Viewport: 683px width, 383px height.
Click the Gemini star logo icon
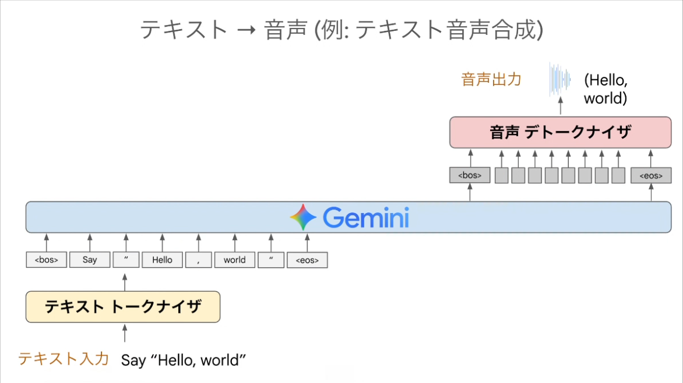[x=303, y=217]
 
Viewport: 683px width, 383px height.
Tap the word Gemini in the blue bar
[x=366, y=217]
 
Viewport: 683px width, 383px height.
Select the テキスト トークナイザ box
[x=123, y=307]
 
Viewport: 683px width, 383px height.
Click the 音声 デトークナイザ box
[x=560, y=132]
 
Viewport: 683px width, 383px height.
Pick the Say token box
[x=90, y=260]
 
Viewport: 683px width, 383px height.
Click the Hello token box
[x=162, y=260]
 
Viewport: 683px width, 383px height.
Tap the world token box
[x=234, y=260]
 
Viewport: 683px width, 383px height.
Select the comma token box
[x=198, y=260]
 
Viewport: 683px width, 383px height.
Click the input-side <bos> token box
[x=46, y=260]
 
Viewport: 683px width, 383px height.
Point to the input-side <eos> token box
[x=307, y=260]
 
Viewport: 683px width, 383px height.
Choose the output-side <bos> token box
[x=470, y=175]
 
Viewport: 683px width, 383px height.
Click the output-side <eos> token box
[x=651, y=175]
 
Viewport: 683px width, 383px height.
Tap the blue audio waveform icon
[x=559, y=79]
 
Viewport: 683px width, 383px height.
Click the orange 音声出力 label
[x=491, y=80]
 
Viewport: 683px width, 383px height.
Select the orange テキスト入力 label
[x=64, y=359]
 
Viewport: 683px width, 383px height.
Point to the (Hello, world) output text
[x=605, y=89]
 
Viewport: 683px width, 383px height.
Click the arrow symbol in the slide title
[x=246, y=30]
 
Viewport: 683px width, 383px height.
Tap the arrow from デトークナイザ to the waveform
[x=561, y=106]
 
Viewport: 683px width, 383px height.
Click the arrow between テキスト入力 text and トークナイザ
[x=125, y=333]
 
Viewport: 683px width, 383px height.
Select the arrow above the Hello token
[x=162, y=243]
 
